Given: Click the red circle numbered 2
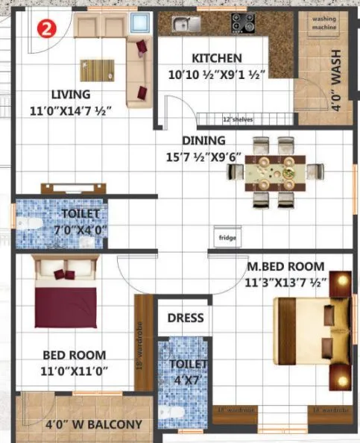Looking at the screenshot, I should [x=45, y=30].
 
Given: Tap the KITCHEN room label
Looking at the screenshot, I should [x=216, y=58].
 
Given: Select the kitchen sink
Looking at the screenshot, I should [x=182, y=25].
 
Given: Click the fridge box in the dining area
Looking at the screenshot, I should [x=226, y=236].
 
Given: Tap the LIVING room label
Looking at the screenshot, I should [x=72, y=95].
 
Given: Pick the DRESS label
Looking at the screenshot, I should [x=185, y=318].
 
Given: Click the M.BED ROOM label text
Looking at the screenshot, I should [x=286, y=266].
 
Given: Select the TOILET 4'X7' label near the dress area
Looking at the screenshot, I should [x=183, y=371].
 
